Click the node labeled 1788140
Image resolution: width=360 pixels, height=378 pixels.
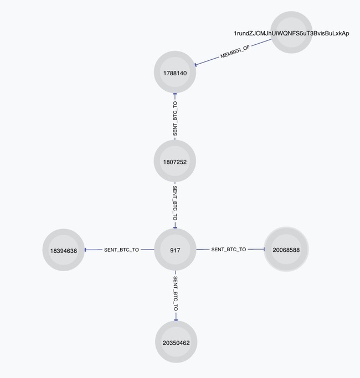point(175,72)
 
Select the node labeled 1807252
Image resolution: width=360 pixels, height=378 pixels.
point(175,161)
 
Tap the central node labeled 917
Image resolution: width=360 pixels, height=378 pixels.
point(175,250)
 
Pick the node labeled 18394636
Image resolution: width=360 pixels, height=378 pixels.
point(64,250)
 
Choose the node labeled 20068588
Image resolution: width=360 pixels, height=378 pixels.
point(286,249)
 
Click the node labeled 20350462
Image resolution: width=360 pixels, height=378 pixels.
point(176,341)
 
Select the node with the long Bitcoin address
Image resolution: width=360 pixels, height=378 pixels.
point(291,32)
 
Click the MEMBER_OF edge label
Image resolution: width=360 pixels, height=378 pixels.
point(235,52)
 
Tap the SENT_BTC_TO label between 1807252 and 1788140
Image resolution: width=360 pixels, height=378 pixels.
point(175,118)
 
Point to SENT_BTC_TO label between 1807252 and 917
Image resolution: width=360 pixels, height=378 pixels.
point(175,203)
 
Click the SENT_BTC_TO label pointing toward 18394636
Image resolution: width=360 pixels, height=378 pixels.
point(121,250)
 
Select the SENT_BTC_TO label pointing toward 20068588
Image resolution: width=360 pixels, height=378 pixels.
point(229,250)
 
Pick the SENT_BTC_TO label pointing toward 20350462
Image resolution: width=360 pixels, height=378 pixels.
point(176,294)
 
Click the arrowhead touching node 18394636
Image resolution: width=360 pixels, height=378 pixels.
point(86,250)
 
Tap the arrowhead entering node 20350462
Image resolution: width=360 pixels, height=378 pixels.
point(176,319)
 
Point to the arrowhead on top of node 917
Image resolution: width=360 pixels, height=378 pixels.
point(175,227)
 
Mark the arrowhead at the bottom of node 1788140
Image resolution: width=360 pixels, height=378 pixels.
point(175,95)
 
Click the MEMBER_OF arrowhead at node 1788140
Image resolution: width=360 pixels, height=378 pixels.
point(196,64)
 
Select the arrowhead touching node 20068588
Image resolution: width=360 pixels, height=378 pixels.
point(264,249)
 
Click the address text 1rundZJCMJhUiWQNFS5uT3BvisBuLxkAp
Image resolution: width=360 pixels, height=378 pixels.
point(291,33)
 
